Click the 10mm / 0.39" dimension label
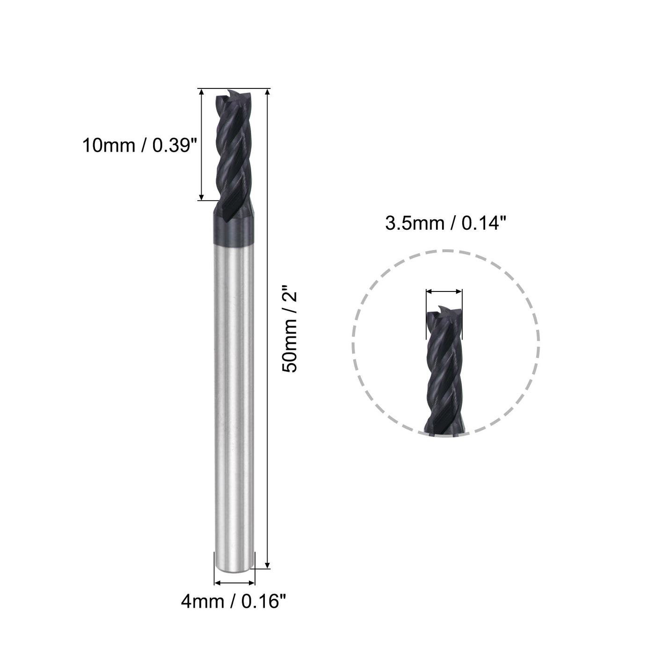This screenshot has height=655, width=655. (x=138, y=146)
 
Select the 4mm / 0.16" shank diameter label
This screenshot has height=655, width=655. (x=233, y=601)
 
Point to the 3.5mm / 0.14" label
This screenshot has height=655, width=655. (x=446, y=224)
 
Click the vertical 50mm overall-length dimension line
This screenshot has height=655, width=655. (x=267, y=327)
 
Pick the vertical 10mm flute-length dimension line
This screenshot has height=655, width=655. (x=202, y=145)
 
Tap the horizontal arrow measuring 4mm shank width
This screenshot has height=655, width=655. (x=234, y=583)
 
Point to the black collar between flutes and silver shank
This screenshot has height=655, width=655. (x=233, y=228)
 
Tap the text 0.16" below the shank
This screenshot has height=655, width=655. (x=263, y=601)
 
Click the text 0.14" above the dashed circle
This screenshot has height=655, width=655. (x=484, y=224)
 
